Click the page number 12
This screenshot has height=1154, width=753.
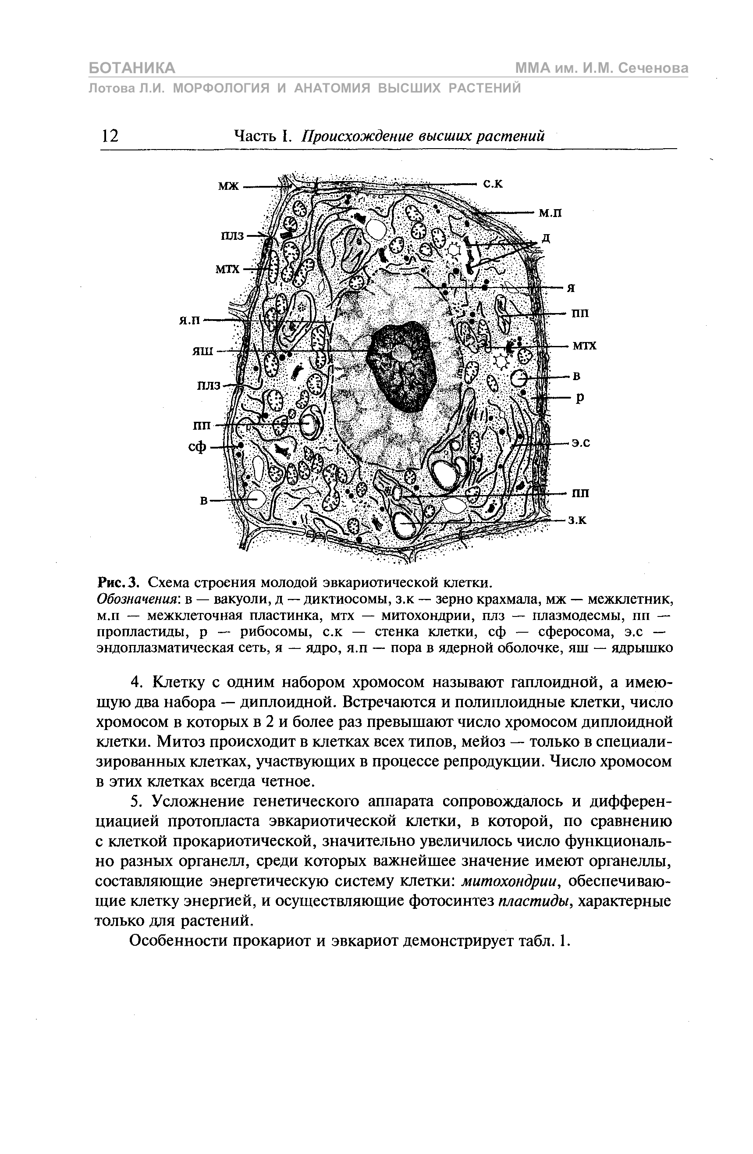pyautogui.click(x=110, y=136)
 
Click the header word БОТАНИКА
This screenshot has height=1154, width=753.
pyautogui.click(x=132, y=68)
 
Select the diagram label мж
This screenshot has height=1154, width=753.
pyautogui.click(x=228, y=186)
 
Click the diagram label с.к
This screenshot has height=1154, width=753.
pyautogui.click(x=493, y=184)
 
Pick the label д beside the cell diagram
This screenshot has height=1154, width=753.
pyautogui.click(x=546, y=239)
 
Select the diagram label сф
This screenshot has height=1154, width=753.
pyautogui.click(x=197, y=447)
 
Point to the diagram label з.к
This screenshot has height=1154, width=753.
pyautogui.click(x=578, y=521)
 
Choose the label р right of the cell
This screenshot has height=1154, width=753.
pyautogui.click(x=580, y=398)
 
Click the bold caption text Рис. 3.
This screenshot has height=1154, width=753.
pyautogui.click(x=119, y=581)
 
